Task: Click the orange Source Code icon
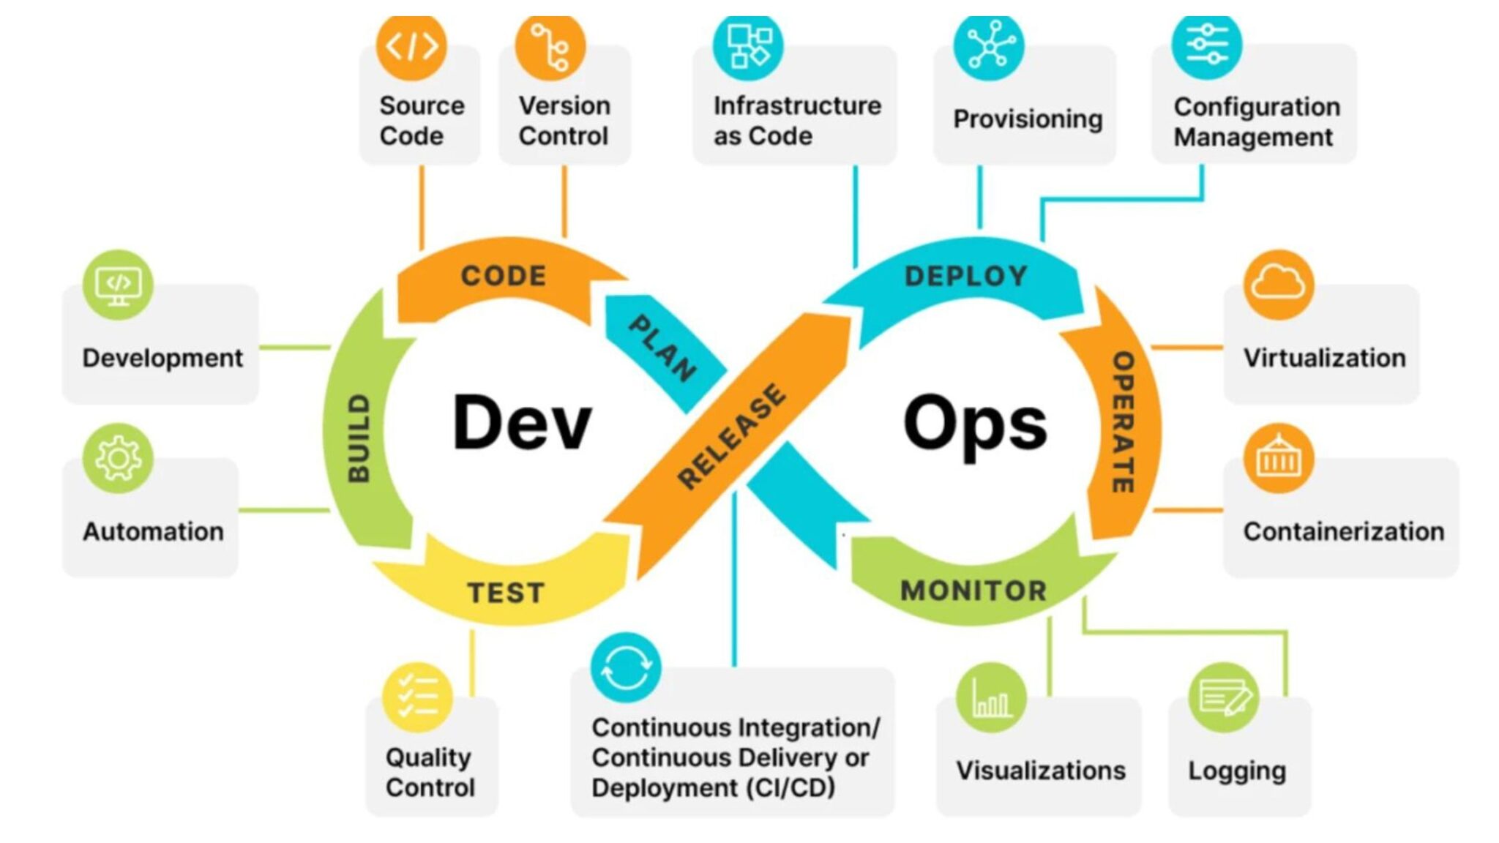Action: pos(411,45)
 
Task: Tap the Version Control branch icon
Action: pos(550,45)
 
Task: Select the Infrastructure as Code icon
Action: pos(748,45)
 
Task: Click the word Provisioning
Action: pos(1028,119)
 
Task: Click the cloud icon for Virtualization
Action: pos(1278,284)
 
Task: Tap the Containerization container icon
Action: pos(1278,458)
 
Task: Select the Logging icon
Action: pos(1223,697)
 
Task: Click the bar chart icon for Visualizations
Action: pos(991,697)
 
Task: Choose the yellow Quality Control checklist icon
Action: pos(417,697)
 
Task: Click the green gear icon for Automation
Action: pos(118,458)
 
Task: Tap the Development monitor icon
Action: pos(118,284)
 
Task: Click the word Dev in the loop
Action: pos(521,422)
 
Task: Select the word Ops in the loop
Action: pos(975,424)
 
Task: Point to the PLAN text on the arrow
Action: pos(662,348)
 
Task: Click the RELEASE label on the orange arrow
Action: pos(732,435)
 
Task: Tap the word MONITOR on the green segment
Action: pos(973,591)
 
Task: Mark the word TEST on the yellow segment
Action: pos(506,593)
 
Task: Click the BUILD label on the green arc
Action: pos(359,438)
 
